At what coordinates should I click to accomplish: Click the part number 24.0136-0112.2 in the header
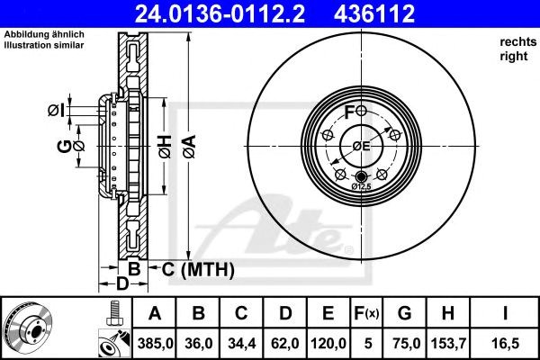point(220,13)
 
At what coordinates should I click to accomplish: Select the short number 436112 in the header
point(374,13)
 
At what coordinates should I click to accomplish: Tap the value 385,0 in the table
point(155,344)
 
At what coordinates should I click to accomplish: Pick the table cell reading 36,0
point(198,344)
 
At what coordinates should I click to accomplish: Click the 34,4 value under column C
point(242,344)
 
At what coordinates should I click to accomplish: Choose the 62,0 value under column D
point(285,344)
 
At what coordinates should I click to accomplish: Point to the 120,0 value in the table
point(328,344)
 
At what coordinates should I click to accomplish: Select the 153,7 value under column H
point(448,344)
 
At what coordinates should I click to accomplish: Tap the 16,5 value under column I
point(505,344)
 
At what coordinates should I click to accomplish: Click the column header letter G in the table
point(404,313)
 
